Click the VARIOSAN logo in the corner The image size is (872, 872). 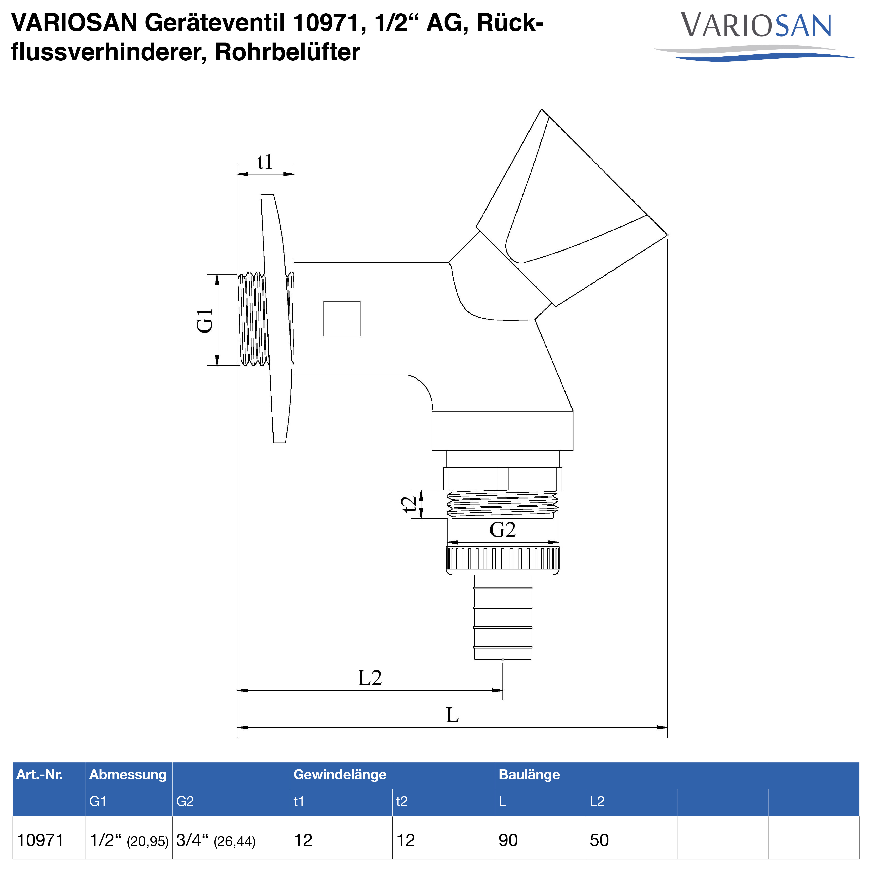point(756,34)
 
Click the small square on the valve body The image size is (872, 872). point(342,319)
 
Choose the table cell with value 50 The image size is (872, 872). point(599,840)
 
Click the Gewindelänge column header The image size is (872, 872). point(340,775)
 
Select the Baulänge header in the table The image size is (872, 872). point(529,775)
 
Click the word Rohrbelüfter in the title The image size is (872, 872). point(287,52)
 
